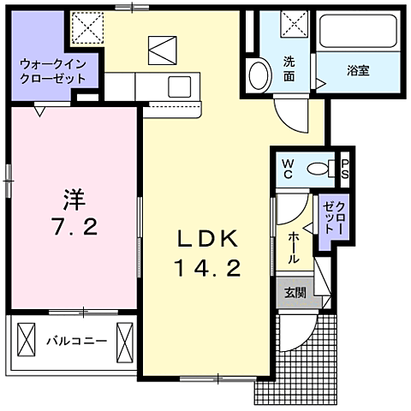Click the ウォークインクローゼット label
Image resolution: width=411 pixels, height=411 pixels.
[53, 69]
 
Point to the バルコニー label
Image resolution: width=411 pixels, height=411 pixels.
[76, 341]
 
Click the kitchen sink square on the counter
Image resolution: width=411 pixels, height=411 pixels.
[181, 86]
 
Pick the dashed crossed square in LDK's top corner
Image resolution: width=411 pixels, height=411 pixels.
[86, 27]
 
